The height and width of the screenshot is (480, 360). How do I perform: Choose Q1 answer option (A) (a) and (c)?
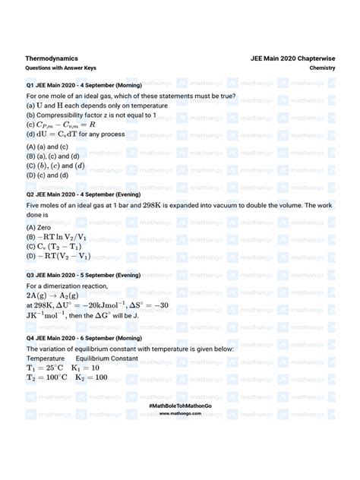point(47,146)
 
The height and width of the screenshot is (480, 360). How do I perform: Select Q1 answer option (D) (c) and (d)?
point(47,174)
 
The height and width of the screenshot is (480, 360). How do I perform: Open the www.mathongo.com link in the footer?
point(179,415)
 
